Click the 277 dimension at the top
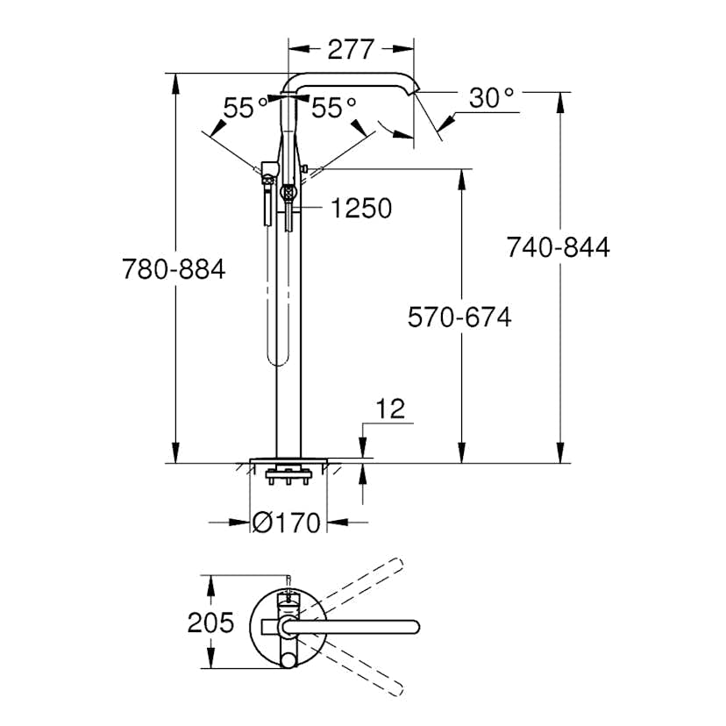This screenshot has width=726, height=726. [x=351, y=49]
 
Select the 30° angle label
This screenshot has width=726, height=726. [x=491, y=98]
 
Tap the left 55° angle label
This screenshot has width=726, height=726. [x=246, y=108]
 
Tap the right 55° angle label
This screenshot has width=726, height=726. [x=334, y=108]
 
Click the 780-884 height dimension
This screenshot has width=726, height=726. [x=174, y=269]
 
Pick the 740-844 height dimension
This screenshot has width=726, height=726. [x=558, y=248]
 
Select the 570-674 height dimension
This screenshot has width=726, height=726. [x=459, y=317]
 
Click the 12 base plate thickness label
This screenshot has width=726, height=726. [x=391, y=409]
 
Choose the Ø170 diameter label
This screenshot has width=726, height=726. [x=287, y=523]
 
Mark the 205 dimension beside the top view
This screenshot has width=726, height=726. [x=211, y=623]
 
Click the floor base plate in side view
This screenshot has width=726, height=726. [x=288, y=459]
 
